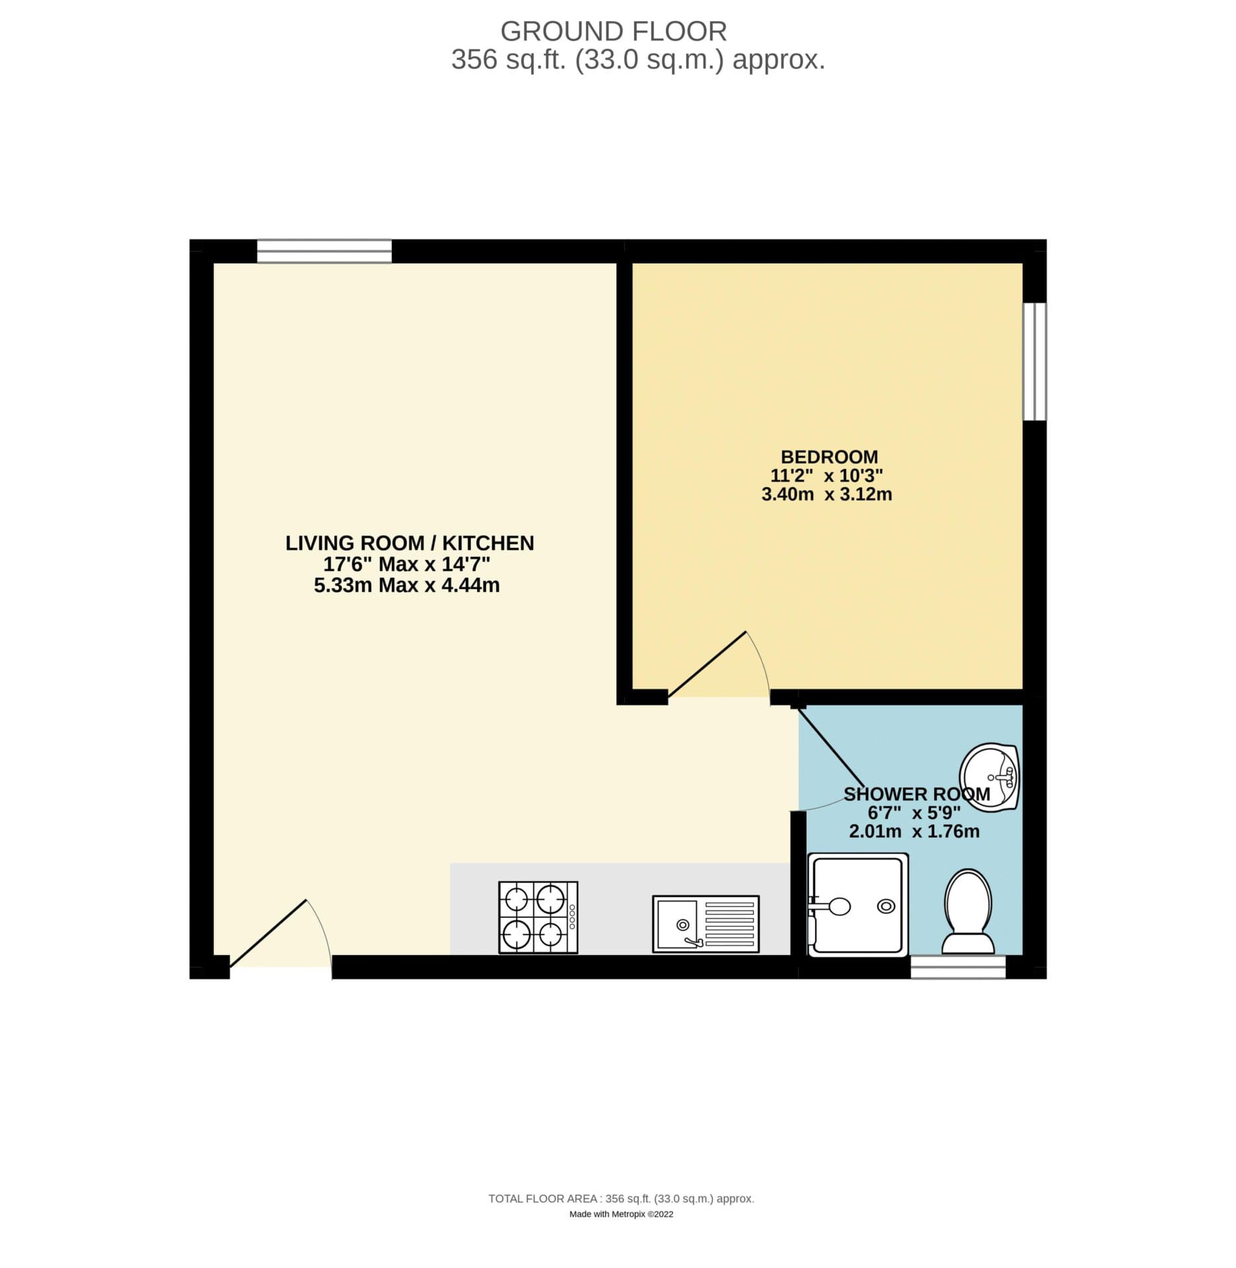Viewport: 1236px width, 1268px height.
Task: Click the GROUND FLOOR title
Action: coord(613,31)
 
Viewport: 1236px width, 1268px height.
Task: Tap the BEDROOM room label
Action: coord(829,456)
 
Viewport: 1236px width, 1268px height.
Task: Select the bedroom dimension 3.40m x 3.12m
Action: coord(826,494)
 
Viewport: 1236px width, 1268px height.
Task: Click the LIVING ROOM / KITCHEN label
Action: coord(410,543)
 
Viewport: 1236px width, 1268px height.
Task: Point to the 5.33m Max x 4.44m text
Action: coord(406,585)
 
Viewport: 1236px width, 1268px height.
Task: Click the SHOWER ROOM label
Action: coord(916,794)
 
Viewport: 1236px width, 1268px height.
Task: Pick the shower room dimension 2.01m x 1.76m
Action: coord(914,831)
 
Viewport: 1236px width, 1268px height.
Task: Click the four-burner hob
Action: coord(538,917)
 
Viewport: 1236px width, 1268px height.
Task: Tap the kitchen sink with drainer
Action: coord(706,923)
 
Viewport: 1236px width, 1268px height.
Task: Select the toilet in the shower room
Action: coord(968,912)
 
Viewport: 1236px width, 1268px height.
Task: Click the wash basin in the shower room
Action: coord(990,777)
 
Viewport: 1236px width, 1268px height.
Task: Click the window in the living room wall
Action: coord(324,251)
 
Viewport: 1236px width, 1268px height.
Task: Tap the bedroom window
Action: coord(1035,361)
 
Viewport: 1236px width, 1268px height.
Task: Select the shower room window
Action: coord(958,967)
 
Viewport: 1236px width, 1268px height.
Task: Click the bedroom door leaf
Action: coord(707,664)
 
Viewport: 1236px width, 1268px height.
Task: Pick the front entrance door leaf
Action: coord(268,934)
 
